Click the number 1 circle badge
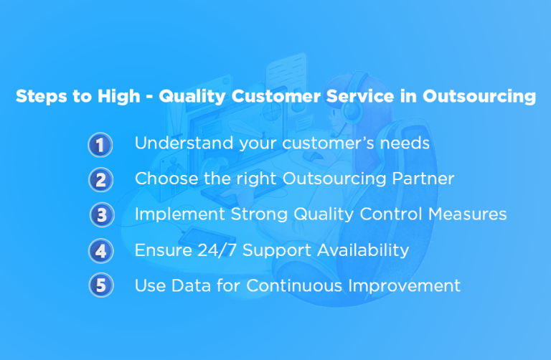(100, 145)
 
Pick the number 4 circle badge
(100, 250)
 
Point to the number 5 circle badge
(100, 285)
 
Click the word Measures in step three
(467, 214)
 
